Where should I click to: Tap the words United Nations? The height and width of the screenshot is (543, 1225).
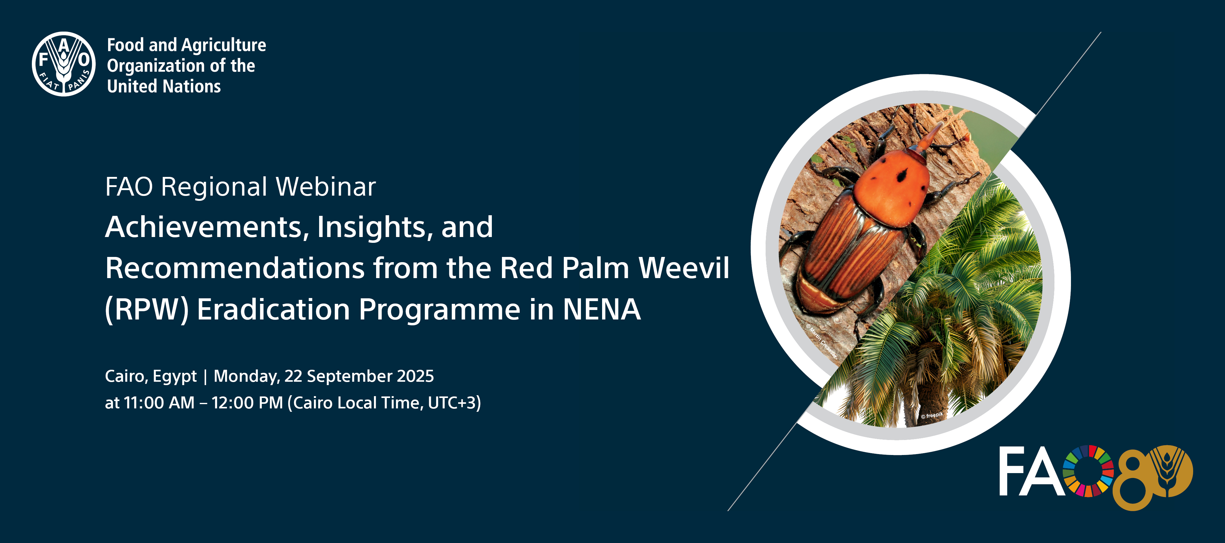click(164, 86)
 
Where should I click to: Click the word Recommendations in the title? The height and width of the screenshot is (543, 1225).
click(235, 268)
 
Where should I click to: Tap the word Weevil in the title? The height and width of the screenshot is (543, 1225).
click(684, 268)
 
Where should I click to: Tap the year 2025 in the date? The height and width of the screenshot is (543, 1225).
click(415, 377)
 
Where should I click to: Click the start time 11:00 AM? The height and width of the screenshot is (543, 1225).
click(159, 403)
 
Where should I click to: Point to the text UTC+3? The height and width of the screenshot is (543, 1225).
click(452, 403)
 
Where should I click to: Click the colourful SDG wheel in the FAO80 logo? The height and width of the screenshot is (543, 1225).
click(1088, 471)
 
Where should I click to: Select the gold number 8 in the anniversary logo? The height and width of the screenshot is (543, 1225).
click(1134, 481)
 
